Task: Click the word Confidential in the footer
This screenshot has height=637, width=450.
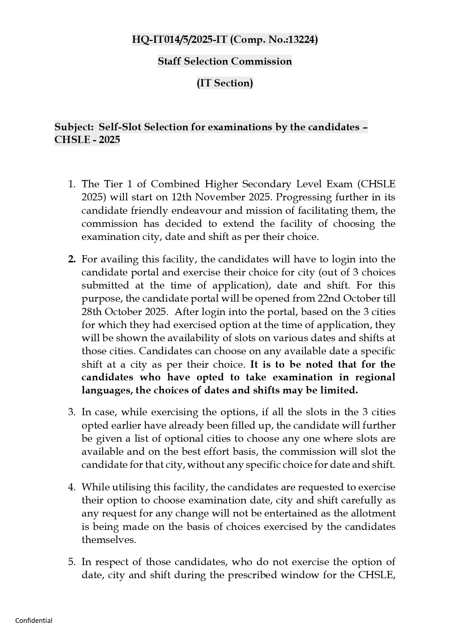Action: coord(34,620)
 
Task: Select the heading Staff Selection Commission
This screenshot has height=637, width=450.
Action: coord(225,61)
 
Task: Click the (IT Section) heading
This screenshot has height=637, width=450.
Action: coord(225,83)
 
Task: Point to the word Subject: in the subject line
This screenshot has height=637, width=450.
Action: coord(74,127)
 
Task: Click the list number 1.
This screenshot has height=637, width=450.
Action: coord(71,184)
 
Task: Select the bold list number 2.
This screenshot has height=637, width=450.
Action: coord(71,259)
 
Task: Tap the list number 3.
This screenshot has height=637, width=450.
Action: coord(71,412)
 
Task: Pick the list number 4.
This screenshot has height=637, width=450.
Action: coord(71,487)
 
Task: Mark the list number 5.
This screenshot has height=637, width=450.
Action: coord(71,562)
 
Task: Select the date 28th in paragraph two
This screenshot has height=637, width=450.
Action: coord(91,312)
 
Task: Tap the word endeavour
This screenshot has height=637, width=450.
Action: coord(197,211)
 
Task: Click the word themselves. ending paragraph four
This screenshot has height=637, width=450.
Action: coord(109,540)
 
